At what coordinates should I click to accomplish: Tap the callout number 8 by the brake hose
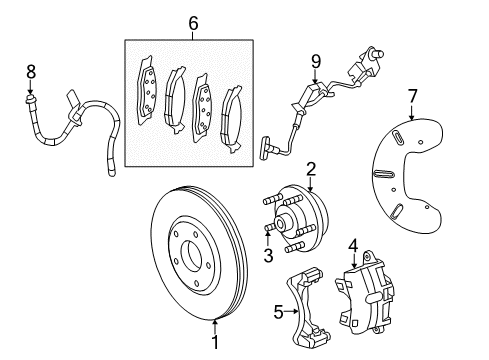coord(30,72)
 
